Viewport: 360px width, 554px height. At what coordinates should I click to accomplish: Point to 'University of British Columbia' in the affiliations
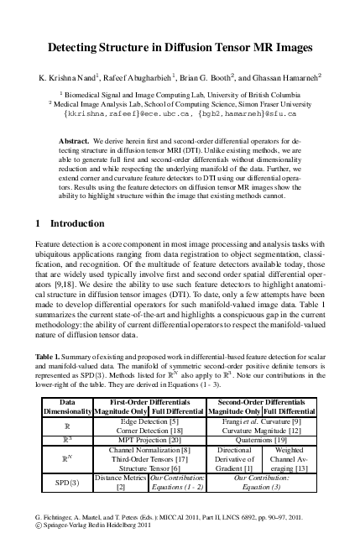coord(248,94)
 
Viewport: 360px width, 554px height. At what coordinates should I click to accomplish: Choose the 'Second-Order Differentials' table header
coord(261,402)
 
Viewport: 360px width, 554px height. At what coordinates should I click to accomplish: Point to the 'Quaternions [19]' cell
coord(261,439)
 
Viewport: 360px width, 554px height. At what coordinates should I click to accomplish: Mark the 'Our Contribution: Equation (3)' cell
coord(261,483)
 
